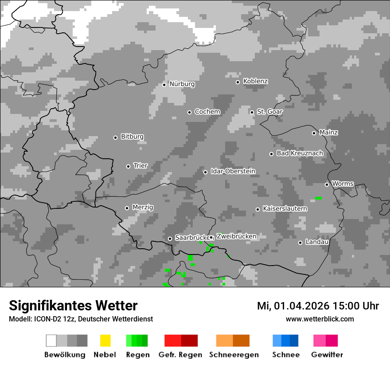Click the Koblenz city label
255,82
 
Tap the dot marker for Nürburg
164,84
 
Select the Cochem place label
207,112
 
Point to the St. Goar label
269,112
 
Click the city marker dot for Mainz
314,133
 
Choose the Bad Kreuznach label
300,153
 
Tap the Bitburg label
132,137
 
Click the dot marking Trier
128,166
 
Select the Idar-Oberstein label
233,172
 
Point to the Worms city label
343,184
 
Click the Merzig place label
143,207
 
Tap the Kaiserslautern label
285,209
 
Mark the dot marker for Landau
300,243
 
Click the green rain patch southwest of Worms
318,198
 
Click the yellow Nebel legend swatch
105,341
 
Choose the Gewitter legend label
327,355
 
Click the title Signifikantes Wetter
73,305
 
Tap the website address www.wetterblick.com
320,319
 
